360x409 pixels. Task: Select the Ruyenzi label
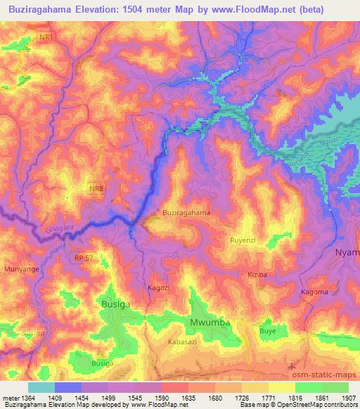point(245,240)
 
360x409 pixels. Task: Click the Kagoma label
point(314,292)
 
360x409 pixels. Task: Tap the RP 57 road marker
point(82,259)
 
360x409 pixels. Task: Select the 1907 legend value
point(346,397)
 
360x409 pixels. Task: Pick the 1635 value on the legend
point(201,397)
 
